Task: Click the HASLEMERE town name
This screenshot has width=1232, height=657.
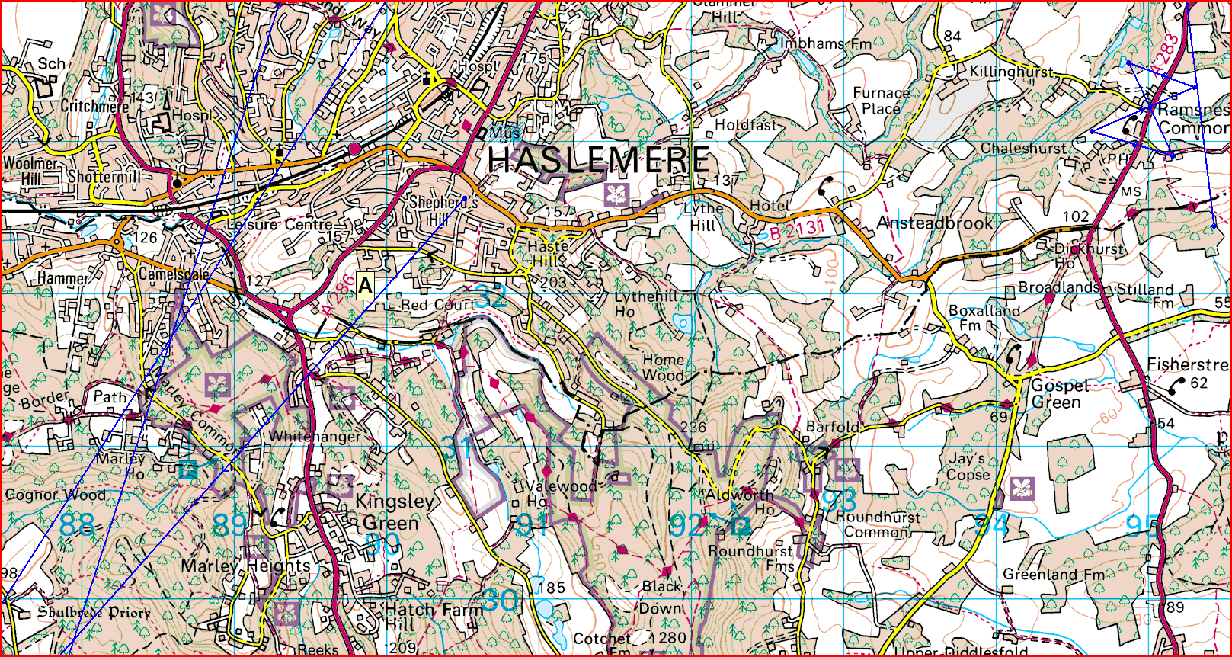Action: (x=599, y=160)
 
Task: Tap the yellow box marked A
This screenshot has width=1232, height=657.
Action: (x=365, y=286)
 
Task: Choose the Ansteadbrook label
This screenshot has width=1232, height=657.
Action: (x=934, y=223)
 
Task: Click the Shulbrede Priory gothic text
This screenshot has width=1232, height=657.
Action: (x=94, y=613)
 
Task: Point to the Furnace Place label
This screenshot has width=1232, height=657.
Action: (x=881, y=101)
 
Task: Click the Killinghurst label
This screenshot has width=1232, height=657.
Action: (x=1011, y=72)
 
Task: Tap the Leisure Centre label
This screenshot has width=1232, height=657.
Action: (x=280, y=225)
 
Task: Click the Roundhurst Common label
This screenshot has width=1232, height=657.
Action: (x=878, y=524)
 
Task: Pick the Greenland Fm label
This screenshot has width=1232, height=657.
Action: (x=1053, y=575)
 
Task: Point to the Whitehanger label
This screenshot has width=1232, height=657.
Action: (x=315, y=437)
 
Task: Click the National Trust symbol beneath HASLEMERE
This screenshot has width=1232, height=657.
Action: (x=616, y=194)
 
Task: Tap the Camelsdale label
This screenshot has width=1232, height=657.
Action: (x=174, y=274)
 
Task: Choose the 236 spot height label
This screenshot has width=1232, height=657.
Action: (x=693, y=427)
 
